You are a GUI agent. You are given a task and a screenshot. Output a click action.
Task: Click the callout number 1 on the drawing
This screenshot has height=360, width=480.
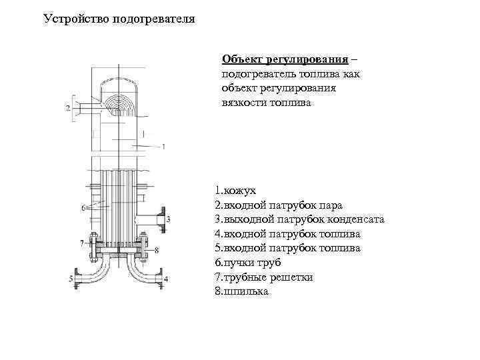(163, 145)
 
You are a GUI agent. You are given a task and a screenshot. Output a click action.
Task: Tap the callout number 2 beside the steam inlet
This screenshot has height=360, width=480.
(69, 107)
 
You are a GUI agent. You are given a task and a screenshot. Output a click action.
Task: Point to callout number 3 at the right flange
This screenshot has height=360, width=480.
(169, 219)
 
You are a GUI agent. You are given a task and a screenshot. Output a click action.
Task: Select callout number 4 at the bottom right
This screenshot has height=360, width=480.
(166, 278)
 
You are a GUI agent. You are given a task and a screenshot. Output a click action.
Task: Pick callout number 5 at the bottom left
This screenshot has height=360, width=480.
(71, 278)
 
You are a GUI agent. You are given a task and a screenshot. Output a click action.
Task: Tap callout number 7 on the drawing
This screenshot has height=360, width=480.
(81, 241)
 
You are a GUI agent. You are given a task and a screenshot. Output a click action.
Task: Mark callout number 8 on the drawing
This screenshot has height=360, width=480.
(155, 250)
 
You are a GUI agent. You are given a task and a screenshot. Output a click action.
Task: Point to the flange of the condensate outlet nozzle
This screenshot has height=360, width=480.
(159, 220)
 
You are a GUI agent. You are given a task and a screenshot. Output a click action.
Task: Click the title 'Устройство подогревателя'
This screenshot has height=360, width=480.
(119, 19)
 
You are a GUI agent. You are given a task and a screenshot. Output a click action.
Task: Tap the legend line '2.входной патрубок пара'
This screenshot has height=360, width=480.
(279, 205)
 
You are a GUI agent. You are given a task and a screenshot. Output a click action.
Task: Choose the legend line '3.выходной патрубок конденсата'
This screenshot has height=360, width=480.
(299, 219)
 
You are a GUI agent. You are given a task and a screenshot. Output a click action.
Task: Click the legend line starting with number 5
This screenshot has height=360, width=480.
(287, 248)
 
